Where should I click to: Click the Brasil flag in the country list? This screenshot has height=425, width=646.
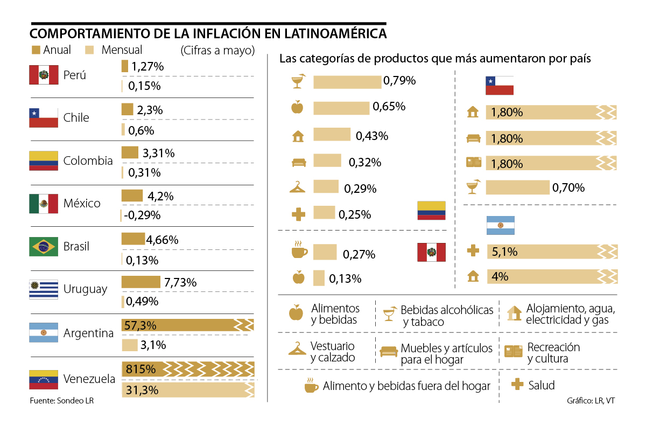[x=43, y=247]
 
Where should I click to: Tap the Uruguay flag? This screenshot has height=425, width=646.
[x=43, y=289]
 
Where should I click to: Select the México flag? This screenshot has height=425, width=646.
[x=43, y=204]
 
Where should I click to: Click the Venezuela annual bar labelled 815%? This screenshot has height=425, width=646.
[x=188, y=370]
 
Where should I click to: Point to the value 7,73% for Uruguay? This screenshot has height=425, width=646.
[x=180, y=282]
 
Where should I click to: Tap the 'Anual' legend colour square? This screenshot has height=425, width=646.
[x=36, y=50]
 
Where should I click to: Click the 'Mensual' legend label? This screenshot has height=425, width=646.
[x=122, y=50]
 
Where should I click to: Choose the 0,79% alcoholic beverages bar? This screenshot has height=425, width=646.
[x=347, y=82]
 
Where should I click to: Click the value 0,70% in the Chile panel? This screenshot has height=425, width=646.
[x=568, y=188]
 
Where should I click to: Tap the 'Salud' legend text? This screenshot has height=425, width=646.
[x=542, y=385]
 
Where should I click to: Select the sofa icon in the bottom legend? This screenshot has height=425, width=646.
[x=388, y=352]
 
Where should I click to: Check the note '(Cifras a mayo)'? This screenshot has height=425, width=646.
[x=217, y=51]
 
